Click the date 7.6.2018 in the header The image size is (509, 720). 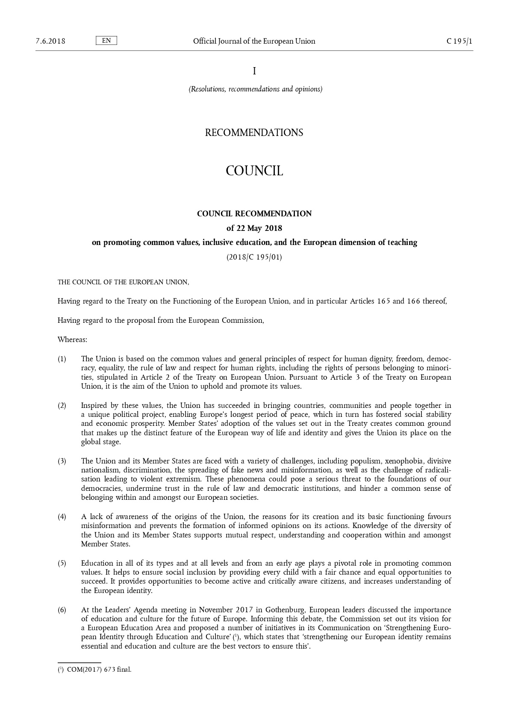50,41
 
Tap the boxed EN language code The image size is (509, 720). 106,41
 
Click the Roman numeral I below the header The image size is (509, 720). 254,71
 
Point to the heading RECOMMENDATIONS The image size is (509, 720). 254,133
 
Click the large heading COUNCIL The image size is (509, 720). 254,171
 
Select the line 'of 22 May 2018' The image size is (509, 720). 254,228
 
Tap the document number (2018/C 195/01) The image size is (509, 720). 254,257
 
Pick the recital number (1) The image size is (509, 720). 62,359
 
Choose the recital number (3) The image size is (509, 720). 62,461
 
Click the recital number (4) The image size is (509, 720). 62,516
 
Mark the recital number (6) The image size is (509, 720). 62,610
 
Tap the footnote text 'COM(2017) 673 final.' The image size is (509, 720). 99,670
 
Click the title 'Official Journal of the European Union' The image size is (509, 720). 254,41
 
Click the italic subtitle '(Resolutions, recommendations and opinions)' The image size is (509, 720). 256,89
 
